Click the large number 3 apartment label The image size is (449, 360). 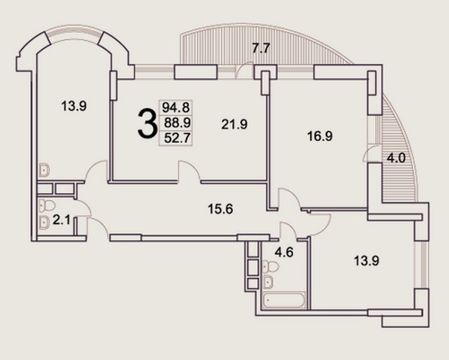click(x=147, y=124)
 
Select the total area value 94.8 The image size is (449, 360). click(x=176, y=108)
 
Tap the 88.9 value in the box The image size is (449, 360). click(x=177, y=123)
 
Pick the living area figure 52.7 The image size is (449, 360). click(x=177, y=138)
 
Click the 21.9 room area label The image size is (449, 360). click(x=235, y=124)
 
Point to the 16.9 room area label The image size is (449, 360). click(x=320, y=136)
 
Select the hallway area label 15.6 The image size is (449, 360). click(x=220, y=209)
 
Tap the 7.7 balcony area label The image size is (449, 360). click(x=261, y=48)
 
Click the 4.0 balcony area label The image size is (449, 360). click(x=396, y=158)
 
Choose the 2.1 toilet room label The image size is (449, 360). click(x=62, y=220)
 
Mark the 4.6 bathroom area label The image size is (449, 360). click(x=284, y=252)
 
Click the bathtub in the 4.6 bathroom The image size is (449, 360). click(x=284, y=300)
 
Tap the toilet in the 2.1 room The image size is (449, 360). click(x=47, y=205)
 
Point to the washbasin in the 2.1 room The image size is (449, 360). click(x=44, y=221)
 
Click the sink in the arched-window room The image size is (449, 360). click(x=44, y=169)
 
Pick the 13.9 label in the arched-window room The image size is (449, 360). click(x=74, y=107)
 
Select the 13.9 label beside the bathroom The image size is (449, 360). click(x=366, y=261)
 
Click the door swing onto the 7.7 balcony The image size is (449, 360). click(x=244, y=70)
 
